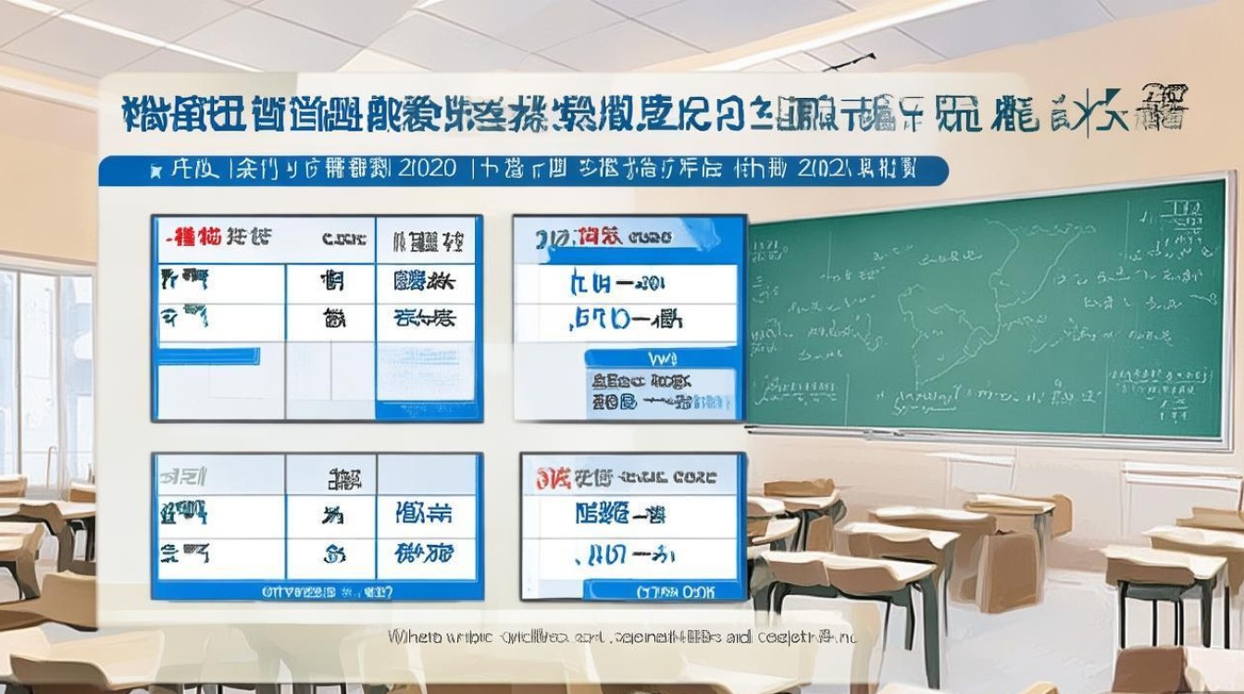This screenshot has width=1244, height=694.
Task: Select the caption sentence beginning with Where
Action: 622,637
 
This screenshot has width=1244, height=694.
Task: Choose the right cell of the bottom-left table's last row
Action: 424,554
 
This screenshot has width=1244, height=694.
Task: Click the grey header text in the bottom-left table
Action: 183,477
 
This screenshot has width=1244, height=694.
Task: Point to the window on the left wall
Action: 46,370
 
